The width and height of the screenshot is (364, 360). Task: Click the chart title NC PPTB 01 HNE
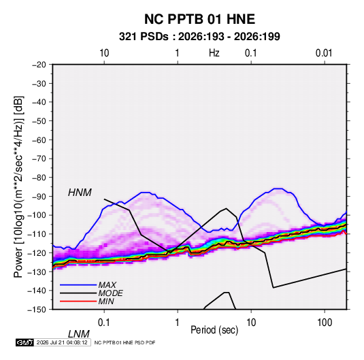(199, 19)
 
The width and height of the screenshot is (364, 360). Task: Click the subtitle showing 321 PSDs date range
(199, 37)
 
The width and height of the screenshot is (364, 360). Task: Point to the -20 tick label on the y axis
(39, 65)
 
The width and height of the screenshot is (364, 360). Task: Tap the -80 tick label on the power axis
(39, 178)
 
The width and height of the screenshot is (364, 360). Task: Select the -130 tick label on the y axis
(37, 272)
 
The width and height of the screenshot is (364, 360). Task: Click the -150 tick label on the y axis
(37, 310)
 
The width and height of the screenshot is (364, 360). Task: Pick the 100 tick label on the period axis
(325, 323)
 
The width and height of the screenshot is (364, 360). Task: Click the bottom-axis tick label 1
(178, 323)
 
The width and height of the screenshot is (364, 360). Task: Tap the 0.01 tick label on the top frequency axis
(324, 53)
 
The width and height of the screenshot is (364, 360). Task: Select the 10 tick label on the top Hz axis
(104, 53)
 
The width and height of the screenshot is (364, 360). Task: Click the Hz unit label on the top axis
(214, 53)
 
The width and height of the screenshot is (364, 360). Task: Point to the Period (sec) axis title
(214, 330)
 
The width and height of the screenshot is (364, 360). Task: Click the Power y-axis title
(18, 186)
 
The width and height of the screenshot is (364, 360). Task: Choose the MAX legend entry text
(107, 285)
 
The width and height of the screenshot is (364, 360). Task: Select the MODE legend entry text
(110, 293)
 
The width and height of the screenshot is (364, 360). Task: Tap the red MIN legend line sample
(78, 301)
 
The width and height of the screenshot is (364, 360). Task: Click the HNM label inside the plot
(80, 193)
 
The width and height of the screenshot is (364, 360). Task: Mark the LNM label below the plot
(79, 334)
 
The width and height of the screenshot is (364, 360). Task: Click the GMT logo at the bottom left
(24, 342)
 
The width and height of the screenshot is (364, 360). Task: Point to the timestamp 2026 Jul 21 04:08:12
(62, 342)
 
